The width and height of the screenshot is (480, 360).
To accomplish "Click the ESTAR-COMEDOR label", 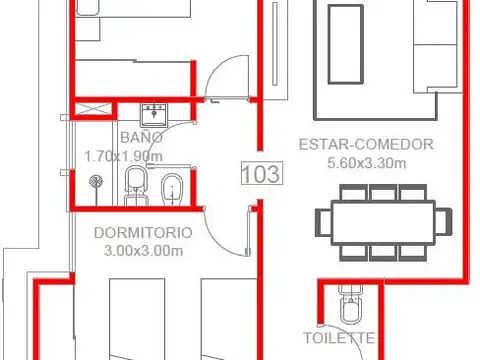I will (x=366, y=144).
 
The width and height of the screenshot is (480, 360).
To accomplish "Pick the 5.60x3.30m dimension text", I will (x=366, y=162).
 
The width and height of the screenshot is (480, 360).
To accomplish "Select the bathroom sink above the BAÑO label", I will (x=155, y=110).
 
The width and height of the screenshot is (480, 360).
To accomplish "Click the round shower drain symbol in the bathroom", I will (x=97, y=182).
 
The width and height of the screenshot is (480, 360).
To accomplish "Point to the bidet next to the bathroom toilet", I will (x=172, y=187).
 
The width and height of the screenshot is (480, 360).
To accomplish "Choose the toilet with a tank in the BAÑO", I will (x=136, y=186).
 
